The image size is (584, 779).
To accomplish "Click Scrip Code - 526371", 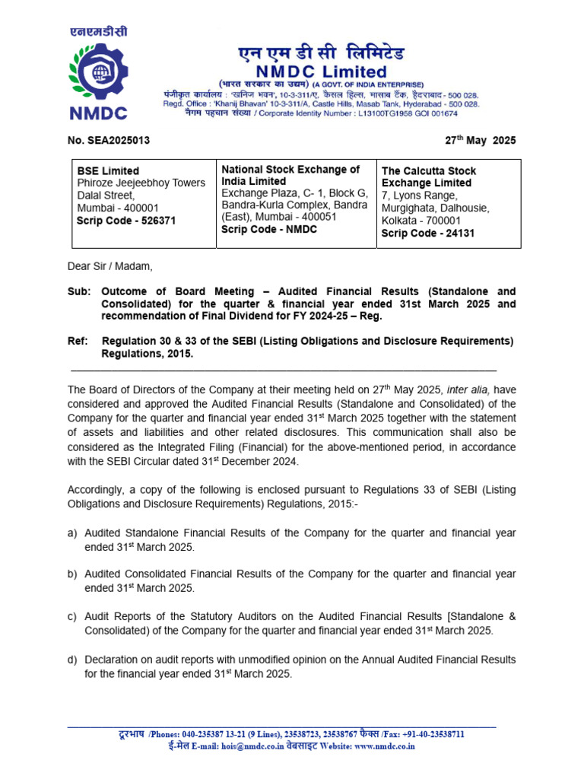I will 126,220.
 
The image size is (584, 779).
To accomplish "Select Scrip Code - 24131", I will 427,233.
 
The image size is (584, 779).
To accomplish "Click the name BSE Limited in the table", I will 108,171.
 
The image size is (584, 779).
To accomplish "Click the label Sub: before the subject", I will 78,291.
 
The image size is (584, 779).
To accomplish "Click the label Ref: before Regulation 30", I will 78,341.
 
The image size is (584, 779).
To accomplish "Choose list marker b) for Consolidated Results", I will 72,574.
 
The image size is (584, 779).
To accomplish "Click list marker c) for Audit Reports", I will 72,617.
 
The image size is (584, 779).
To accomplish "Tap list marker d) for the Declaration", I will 72,660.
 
